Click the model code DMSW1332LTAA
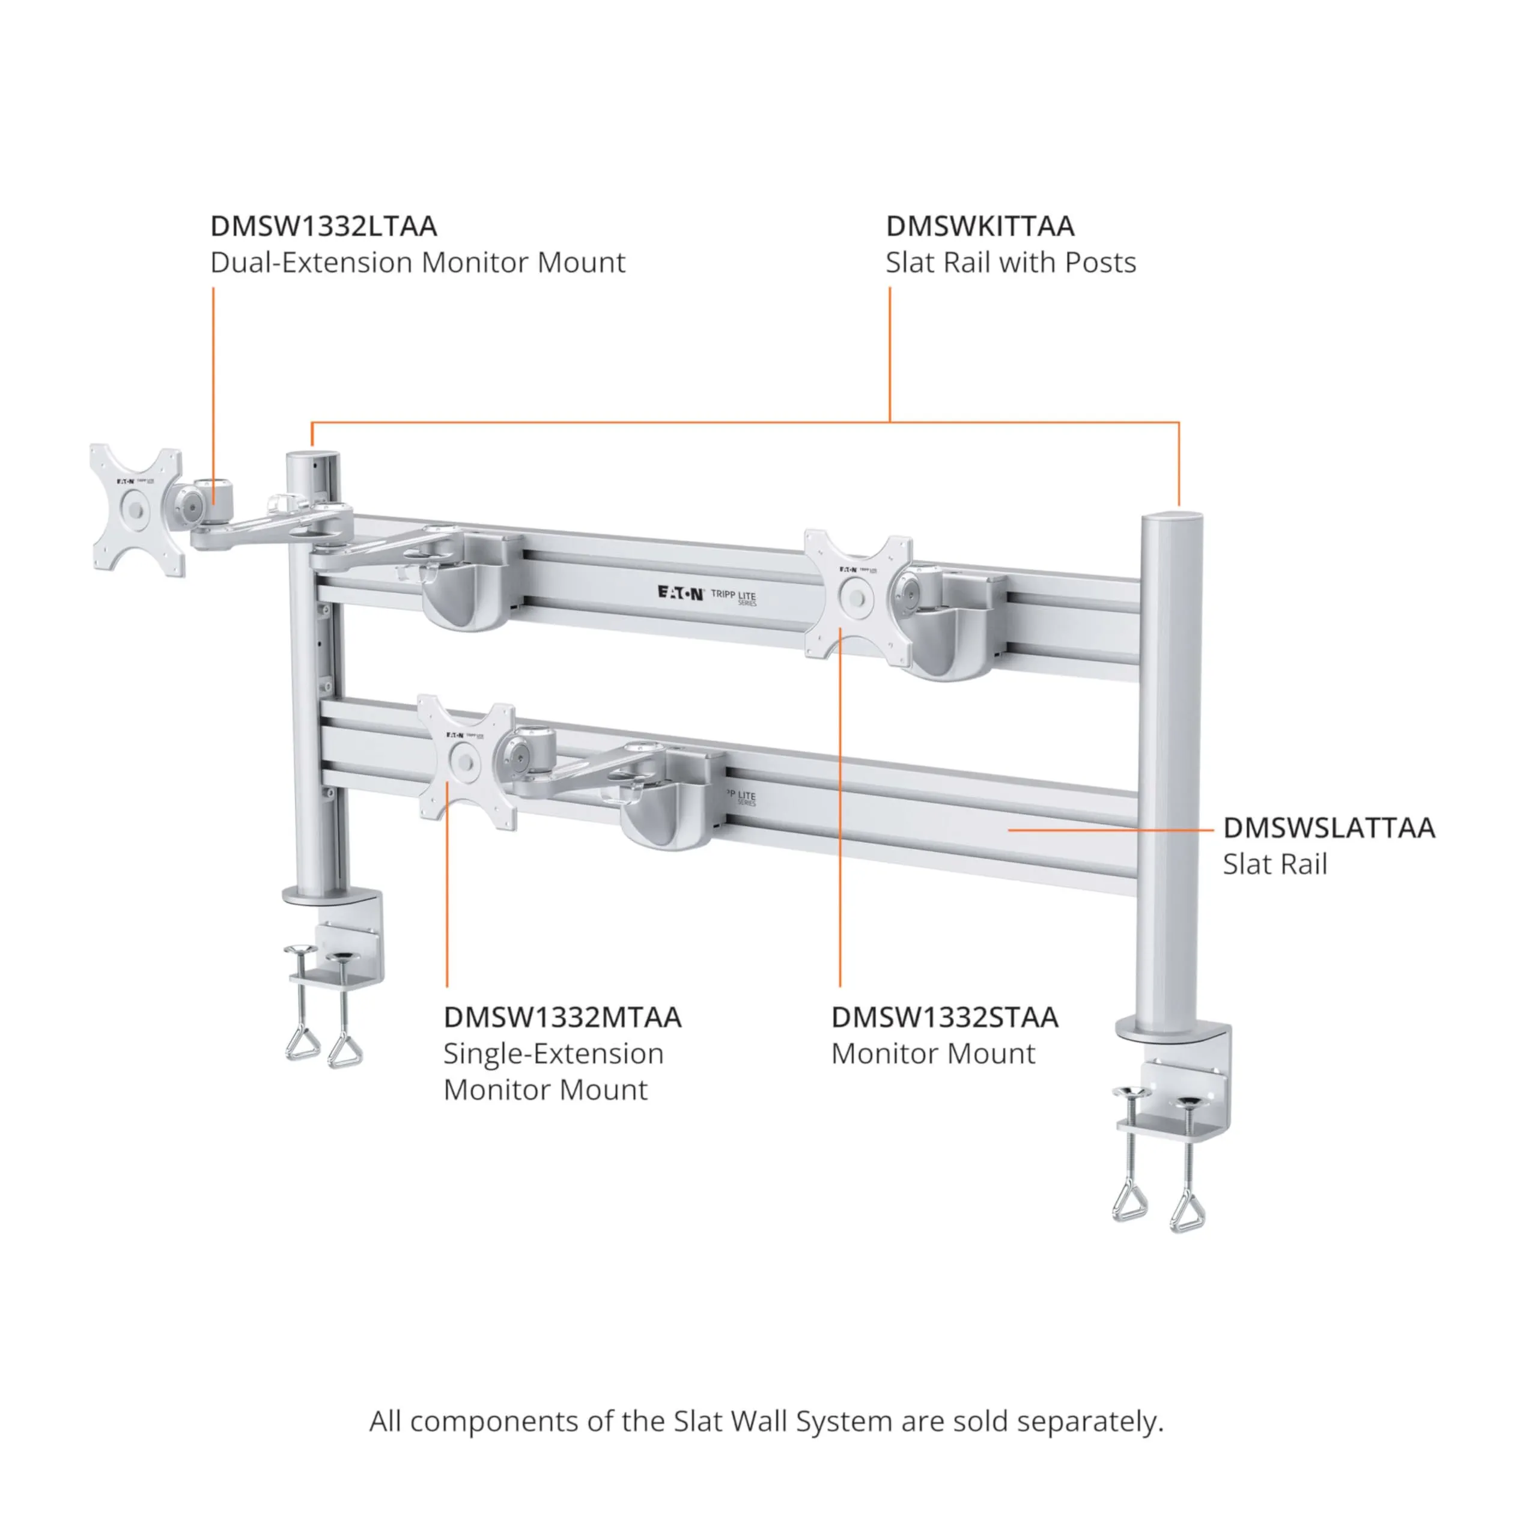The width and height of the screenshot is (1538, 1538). coord(323,226)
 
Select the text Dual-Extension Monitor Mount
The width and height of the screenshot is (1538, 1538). coord(417,262)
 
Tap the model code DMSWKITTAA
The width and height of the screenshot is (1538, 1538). coord(980,226)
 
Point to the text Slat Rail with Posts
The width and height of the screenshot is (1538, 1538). coord(1010,262)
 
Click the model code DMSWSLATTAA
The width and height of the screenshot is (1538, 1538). coord(1329,828)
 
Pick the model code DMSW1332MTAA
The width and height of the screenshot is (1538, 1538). coord(562,1017)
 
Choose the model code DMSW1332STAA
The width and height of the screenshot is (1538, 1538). coord(944,1017)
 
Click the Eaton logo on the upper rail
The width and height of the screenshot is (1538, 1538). coord(680,592)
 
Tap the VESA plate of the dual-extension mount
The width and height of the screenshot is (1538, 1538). coord(137,509)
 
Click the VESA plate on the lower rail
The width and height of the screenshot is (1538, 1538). coord(466,762)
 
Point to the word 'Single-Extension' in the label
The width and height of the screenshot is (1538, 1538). coord(553,1053)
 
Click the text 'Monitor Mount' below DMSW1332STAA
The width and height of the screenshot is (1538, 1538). coord(933,1053)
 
